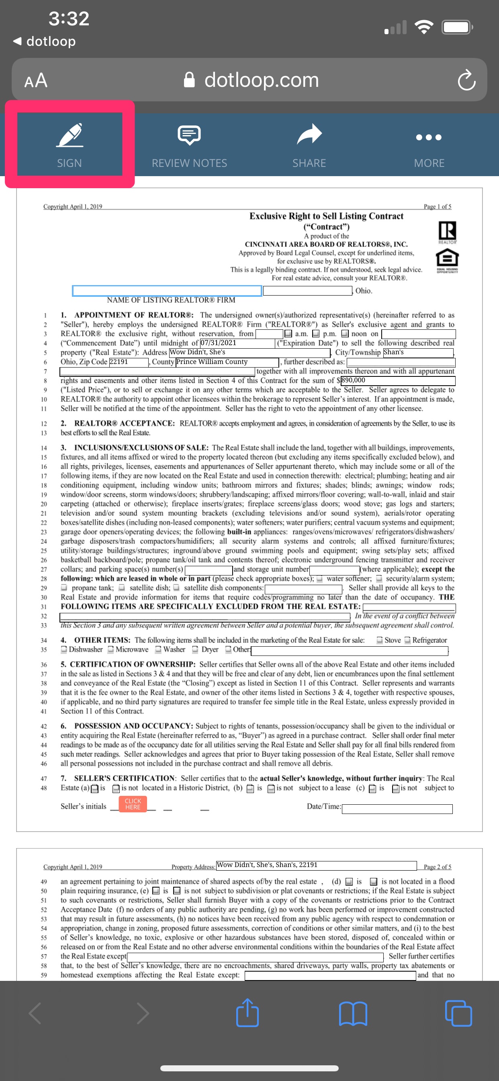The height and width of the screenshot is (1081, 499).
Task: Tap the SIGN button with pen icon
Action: [x=70, y=144]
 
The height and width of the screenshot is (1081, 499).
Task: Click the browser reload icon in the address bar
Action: [x=466, y=80]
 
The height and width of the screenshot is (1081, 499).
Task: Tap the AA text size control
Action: [x=36, y=80]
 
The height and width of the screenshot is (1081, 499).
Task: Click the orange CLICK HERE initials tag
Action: [x=133, y=804]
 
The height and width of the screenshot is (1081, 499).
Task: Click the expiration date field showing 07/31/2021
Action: [x=237, y=343]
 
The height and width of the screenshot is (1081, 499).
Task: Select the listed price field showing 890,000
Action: [x=397, y=380]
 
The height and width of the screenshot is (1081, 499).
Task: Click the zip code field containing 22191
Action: [x=128, y=362]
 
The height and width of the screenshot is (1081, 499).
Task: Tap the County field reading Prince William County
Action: [x=227, y=362]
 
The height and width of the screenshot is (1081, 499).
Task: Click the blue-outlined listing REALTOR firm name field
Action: [x=167, y=290]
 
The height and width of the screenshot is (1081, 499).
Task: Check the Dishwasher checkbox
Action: [x=64, y=649]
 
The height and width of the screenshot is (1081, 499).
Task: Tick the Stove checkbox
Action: [x=380, y=640]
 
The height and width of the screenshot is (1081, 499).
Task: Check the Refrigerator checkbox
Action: [x=407, y=640]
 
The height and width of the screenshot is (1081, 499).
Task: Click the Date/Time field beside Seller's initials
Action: [x=397, y=809]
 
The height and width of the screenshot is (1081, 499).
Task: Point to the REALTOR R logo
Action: [x=447, y=232]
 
